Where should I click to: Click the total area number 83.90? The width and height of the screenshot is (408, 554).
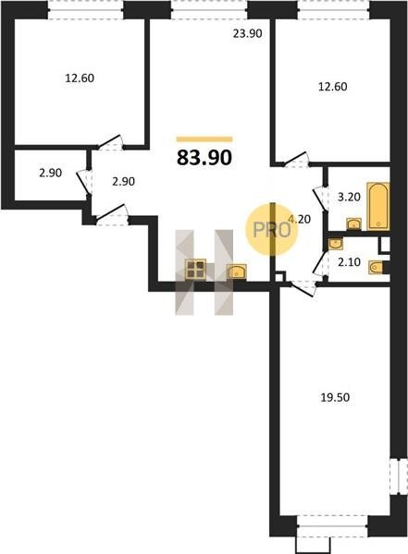(x=204, y=158)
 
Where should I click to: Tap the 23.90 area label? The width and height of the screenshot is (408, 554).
(x=248, y=33)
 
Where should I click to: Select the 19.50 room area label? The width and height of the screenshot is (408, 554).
(x=335, y=397)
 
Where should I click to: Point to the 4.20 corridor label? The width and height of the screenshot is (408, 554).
(x=300, y=220)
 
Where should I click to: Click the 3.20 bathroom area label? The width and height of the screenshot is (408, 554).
(x=349, y=197)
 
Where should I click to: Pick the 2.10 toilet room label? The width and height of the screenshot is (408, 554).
(x=349, y=262)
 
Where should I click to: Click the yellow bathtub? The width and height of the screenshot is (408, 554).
(x=378, y=206)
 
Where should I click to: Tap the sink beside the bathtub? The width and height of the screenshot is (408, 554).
(x=353, y=224)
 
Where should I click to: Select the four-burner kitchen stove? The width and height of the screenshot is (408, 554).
(x=196, y=270)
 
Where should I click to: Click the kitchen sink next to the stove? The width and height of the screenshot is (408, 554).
(x=237, y=271)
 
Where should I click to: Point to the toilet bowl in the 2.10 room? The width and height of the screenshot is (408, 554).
(x=376, y=267)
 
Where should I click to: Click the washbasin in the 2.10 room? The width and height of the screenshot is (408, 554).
(x=336, y=244)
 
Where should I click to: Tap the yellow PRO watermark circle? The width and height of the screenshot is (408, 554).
(x=272, y=230)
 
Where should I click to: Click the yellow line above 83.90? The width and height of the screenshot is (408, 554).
(x=204, y=139)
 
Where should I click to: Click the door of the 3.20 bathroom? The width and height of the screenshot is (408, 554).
(x=320, y=199)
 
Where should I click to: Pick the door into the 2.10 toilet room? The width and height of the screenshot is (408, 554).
(x=320, y=264)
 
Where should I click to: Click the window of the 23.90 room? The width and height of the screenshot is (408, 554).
(x=209, y=9)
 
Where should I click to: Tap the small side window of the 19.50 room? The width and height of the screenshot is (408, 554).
(x=399, y=476)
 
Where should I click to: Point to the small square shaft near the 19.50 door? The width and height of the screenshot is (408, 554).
(x=279, y=277)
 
